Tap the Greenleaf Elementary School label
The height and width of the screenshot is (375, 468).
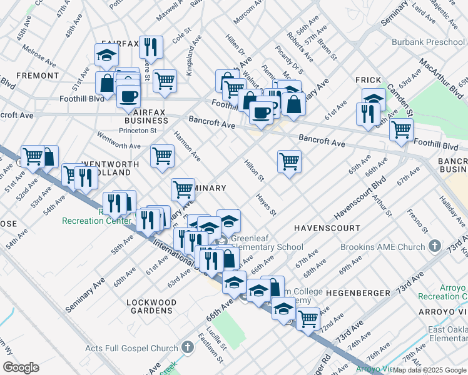(x=267, y=242)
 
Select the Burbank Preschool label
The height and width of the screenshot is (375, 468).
(x=428, y=42)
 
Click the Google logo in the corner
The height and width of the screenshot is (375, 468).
(x=20, y=367)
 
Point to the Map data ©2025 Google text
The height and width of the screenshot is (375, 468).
(x=429, y=370)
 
